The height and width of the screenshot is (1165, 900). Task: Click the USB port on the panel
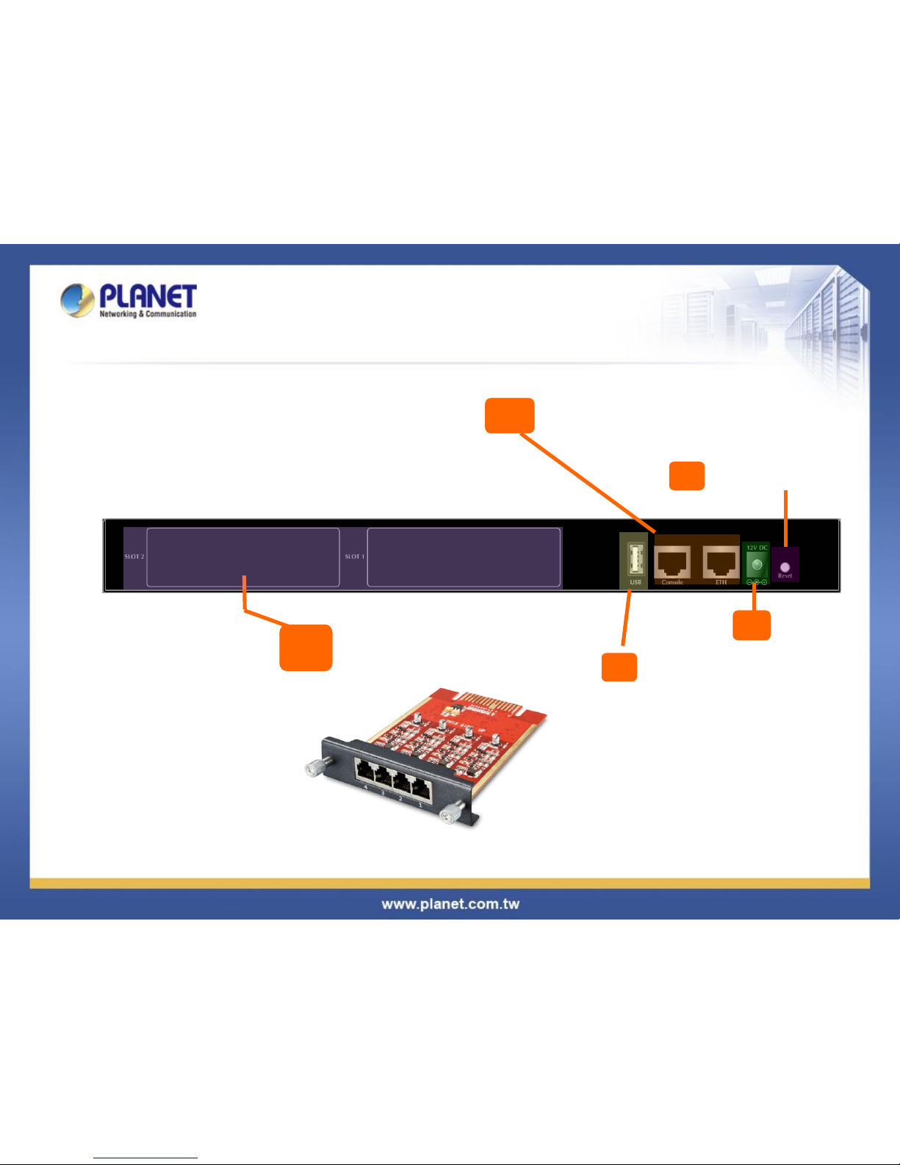click(x=636, y=562)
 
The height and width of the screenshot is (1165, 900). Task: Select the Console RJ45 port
click(x=672, y=563)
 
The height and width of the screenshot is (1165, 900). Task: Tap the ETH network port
click(x=721, y=563)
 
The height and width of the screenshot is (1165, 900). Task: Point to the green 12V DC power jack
click(x=757, y=565)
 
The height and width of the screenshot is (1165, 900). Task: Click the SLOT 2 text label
click(x=134, y=556)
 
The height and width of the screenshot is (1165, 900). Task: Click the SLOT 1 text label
click(x=355, y=556)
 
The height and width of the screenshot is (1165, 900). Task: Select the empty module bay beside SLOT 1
click(x=464, y=556)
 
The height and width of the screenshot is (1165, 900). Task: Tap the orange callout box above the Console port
click(x=509, y=415)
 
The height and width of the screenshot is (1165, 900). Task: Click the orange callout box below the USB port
click(x=619, y=667)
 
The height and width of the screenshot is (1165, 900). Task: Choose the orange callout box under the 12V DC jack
click(x=752, y=625)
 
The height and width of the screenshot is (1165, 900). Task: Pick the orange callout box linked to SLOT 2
click(x=306, y=648)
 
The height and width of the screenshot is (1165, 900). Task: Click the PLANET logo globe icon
click(x=77, y=300)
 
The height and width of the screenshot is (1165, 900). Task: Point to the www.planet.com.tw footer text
click(x=450, y=904)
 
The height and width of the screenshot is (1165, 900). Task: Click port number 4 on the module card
click(x=364, y=773)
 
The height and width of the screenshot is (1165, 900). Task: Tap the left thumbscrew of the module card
click(x=314, y=769)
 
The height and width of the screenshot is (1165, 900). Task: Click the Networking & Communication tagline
click(x=148, y=314)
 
